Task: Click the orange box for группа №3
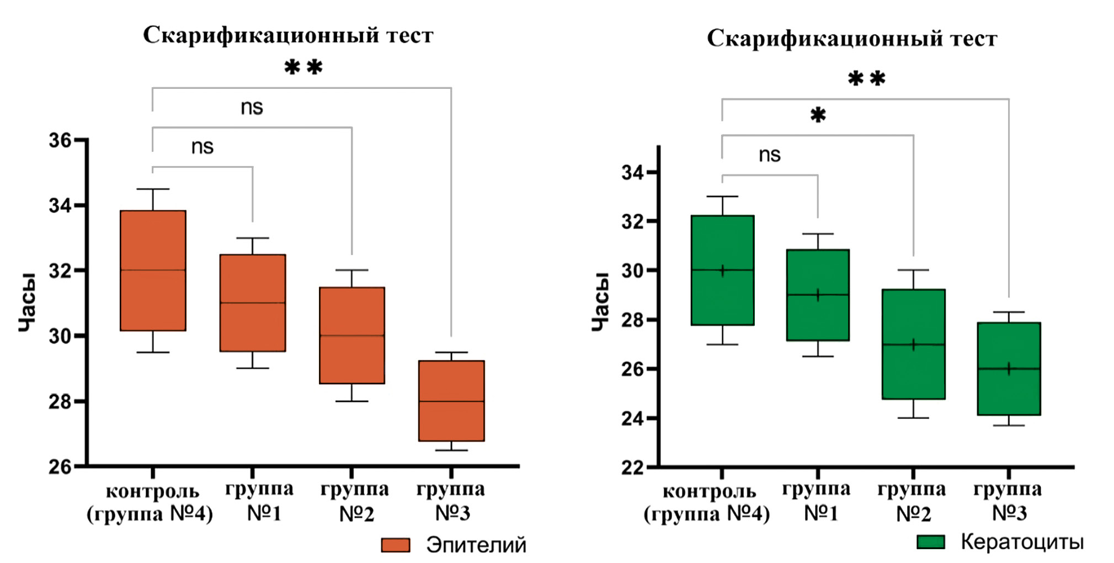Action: tap(451, 401)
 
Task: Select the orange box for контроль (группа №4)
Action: tap(153, 270)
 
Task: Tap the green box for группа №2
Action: tap(913, 344)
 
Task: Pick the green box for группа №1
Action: tap(818, 295)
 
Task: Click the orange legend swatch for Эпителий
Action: tap(396, 545)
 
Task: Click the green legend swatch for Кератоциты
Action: tap(930, 542)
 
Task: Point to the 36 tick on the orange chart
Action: tap(60, 140)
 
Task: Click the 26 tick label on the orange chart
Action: tap(60, 467)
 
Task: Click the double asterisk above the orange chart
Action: tap(303, 68)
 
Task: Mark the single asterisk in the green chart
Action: tap(818, 115)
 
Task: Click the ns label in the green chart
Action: tap(769, 155)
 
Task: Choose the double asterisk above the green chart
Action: tap(866, 79)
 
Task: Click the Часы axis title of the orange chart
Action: tap(27, 302)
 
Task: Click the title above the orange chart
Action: tap(288, 35)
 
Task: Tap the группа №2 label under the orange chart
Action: tap(355, 501)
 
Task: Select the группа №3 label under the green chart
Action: tap(1008, 501)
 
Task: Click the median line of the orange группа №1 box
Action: tap(253, 302)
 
